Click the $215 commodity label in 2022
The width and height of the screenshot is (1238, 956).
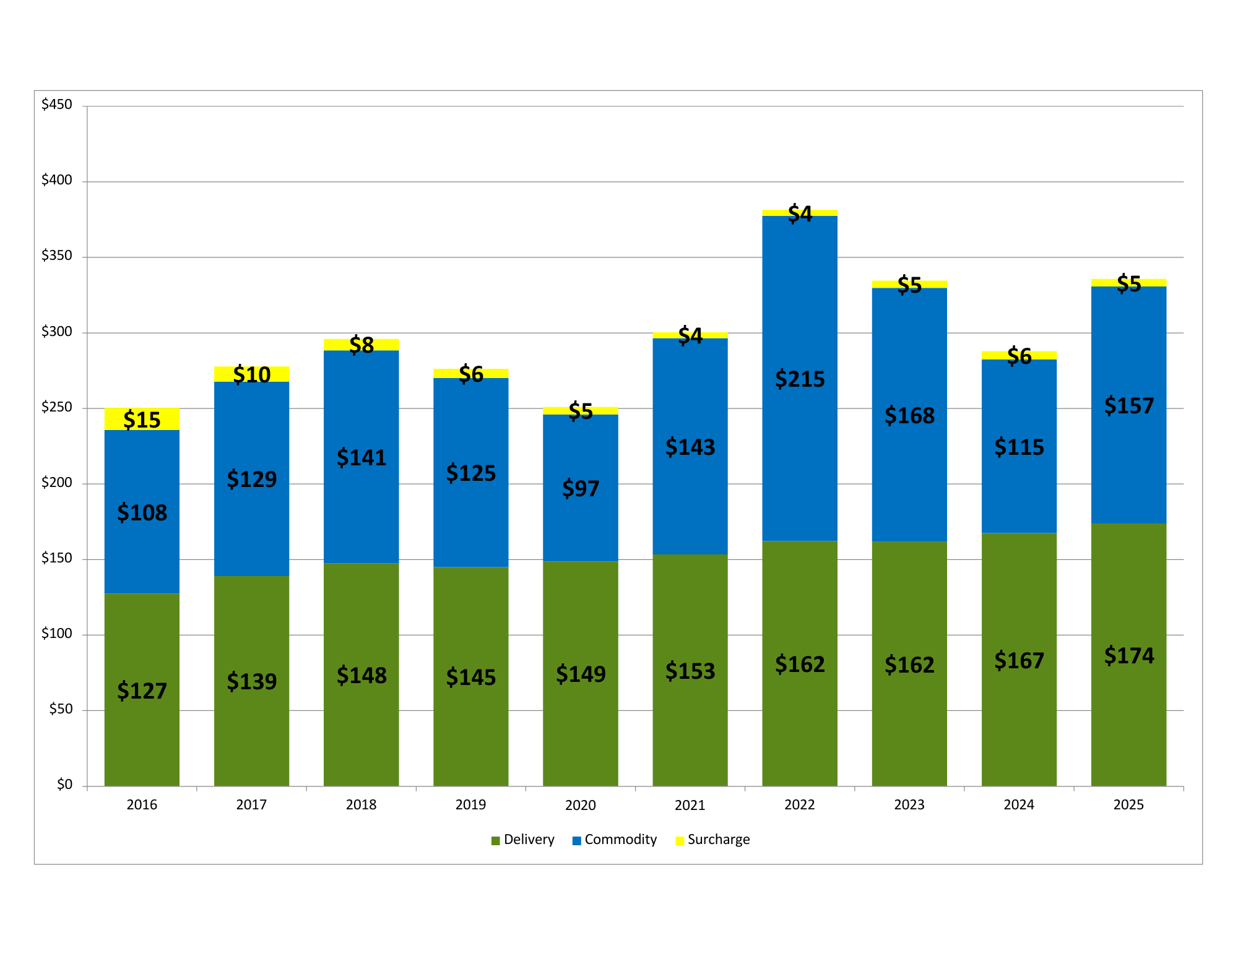[800, 379]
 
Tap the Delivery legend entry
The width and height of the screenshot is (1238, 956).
[523, 840]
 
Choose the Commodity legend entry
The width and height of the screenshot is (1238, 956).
[615, 840]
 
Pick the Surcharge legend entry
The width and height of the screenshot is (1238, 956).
[712, 840]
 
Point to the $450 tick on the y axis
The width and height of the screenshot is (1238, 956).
[57, 105]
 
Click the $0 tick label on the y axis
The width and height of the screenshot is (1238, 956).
[64, 785]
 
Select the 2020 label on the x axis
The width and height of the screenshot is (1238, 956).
[580, 805]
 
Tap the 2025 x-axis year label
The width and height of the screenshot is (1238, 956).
[1128, 805]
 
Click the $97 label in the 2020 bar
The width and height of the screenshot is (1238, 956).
[581, 488]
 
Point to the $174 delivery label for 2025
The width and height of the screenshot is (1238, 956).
[1129, 655]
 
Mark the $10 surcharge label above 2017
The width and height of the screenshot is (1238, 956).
[252, 374]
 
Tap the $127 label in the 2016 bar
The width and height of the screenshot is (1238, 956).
[142, 691]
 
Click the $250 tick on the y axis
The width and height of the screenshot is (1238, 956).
[57, 407]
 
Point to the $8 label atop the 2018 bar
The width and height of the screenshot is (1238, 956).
[361, 345]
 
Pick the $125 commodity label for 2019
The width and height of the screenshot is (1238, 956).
[471, 473]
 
